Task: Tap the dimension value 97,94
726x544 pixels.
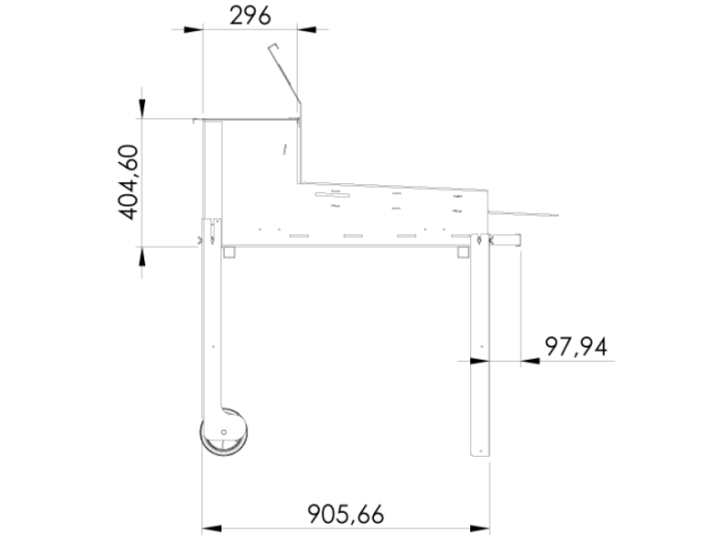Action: tap(575, 345)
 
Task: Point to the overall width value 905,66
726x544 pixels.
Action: tap(346, 514)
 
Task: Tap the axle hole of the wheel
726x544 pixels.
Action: tap(224, 432)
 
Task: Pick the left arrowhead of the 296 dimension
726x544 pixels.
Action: tap(191, 29)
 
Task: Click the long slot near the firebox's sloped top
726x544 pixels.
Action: tap(333, 194)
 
